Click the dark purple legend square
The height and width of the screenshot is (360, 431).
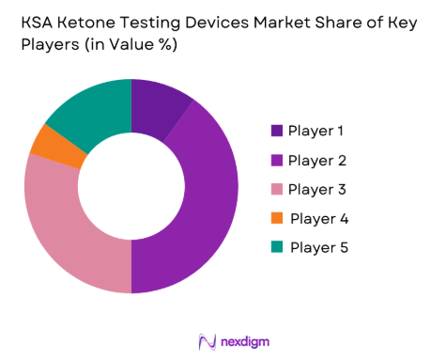(276, 131)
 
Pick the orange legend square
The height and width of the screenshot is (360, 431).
(276, 218)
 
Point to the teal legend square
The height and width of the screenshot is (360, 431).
(276, 247)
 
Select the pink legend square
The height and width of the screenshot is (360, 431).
(276, 189)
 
